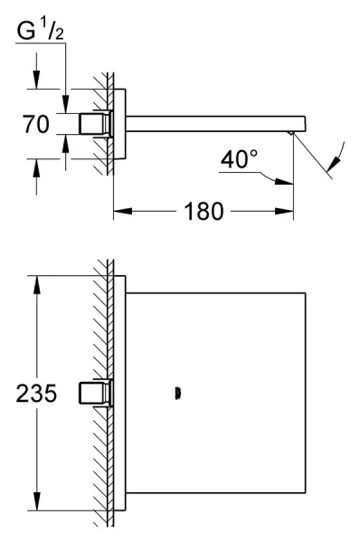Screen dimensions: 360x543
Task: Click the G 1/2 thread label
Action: [40, 29]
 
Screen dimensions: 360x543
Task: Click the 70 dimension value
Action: [36, 124]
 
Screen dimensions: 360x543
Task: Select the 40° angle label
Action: [239, 159]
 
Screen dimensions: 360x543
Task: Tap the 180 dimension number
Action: [204, 211]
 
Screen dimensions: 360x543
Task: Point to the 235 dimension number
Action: [36, 394]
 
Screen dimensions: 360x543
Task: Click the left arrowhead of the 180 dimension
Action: [122, 211]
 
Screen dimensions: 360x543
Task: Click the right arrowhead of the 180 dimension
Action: [284, 211]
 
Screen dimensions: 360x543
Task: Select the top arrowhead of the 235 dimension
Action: [37, 285]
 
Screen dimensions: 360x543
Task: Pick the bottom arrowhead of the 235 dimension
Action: [37, 500]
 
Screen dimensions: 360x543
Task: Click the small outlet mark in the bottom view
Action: [178, 394]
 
